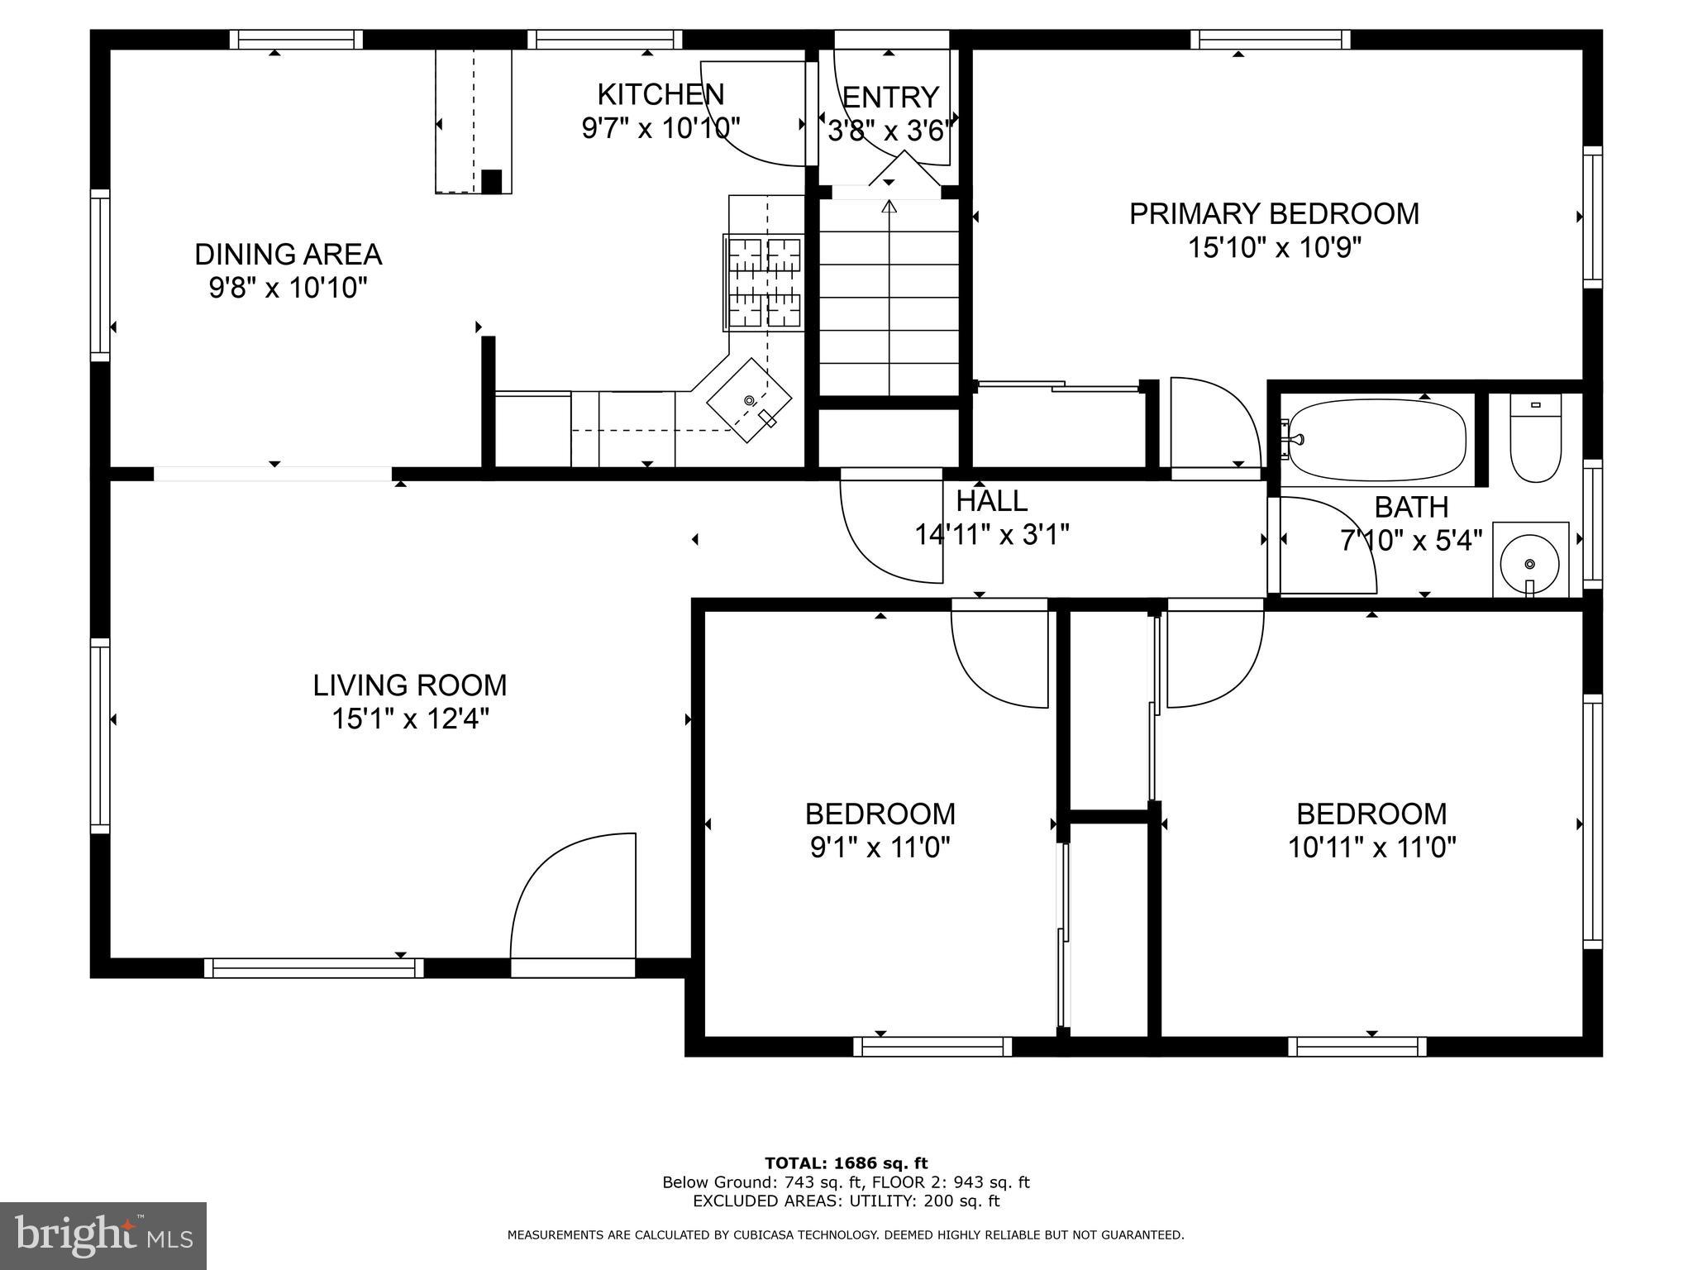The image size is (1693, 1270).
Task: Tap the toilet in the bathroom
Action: pos(1535,438)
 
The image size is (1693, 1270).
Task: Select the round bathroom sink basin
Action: pos(1529,563)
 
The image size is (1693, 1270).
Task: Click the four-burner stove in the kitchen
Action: pos(763,283)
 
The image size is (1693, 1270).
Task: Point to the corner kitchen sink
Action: pos(748,400)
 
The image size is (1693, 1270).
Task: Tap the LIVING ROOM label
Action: pos(410,685)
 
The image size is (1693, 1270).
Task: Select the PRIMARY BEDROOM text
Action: pos(1274,214)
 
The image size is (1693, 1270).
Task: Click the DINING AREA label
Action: pos(289,255)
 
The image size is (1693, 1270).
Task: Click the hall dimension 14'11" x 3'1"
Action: pos(992,535)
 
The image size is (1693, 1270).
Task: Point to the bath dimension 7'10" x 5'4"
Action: pos(1411,541)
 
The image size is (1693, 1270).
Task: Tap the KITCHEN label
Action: pos(661,94)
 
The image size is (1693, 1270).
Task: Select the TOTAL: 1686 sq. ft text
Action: pos(846,1163)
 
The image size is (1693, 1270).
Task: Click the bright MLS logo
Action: pos(103,1236)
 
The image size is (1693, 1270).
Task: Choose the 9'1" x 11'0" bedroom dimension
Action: pos(880,847)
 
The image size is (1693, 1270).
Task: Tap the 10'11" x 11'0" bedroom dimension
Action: pos(1371,847)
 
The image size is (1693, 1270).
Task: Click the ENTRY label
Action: pos(890,98)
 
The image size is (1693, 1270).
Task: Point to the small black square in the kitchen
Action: pos(491,181)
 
